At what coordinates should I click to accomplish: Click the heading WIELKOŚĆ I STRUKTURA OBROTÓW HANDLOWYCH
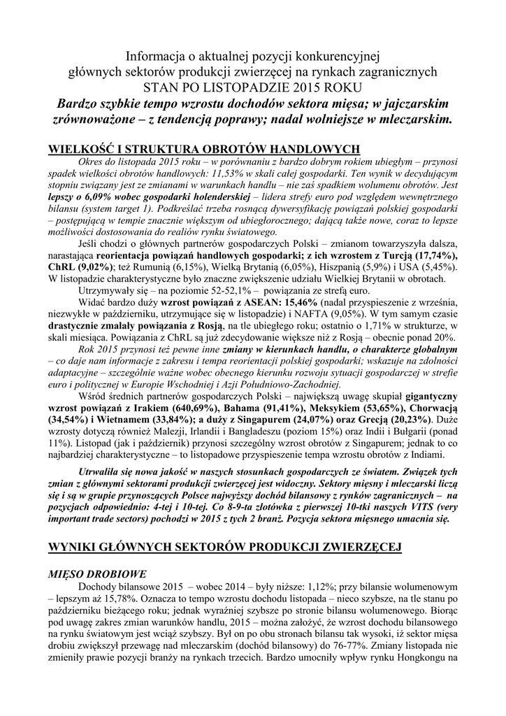pyautogui.click(x=203, y=149)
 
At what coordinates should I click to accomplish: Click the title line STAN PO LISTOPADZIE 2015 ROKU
pyautogui.click(x=252, y=87)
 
